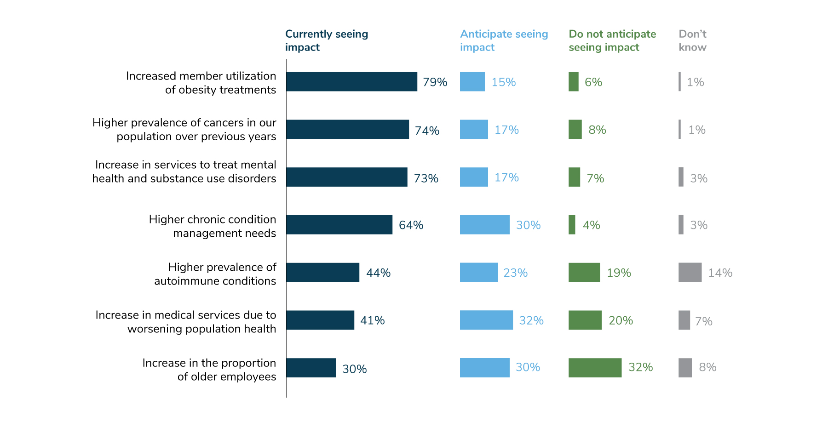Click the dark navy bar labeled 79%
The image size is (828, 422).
click(351, 82)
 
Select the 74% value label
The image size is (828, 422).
click(427, 131)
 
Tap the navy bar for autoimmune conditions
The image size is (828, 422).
click(322, 272)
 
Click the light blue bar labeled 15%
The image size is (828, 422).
click(472, 82)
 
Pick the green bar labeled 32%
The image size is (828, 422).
click(595, 368)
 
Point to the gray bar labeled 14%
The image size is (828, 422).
click(690, 272)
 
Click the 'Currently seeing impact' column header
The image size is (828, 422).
click(326, 40)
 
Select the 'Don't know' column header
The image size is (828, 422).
click(692, 40)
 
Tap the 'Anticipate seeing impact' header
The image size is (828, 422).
click(504, 40)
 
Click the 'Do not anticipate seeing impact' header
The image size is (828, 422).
click(612, 40)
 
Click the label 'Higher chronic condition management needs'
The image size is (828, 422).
click(213, 226)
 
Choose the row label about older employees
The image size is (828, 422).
click(209, 370)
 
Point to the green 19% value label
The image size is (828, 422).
click(619, 273)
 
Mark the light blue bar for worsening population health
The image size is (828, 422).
click(486, 320)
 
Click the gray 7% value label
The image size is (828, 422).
click(703, 321)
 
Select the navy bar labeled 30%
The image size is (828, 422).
click(311, 368)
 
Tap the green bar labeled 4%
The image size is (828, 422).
click(572, 225)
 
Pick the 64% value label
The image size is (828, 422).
click(411, 225)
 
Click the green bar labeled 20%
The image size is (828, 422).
click(585, 320)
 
